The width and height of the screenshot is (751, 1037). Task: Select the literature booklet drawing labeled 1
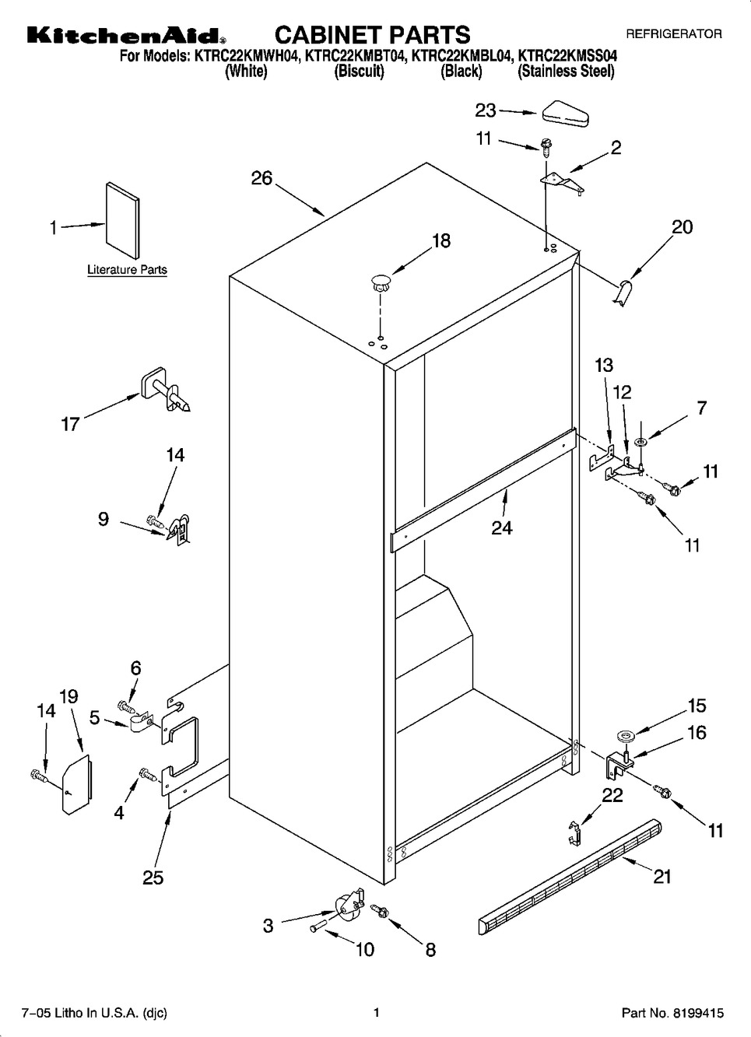tap(123, 221)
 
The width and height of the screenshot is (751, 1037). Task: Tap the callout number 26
tap(262, 178)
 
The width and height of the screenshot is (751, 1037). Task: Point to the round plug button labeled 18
tap(381, 282)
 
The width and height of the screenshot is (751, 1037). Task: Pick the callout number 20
tap(682, 227)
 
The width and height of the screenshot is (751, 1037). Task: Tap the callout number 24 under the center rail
tap(502, 527)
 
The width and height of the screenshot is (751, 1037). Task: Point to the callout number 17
tap(70, 425)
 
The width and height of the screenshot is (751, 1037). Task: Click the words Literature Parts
tap(128, 269)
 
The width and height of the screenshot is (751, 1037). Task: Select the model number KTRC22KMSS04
tap(567, 57)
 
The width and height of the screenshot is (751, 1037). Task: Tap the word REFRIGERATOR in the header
tap(674, 33)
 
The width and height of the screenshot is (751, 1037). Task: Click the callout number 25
tap(153, 878)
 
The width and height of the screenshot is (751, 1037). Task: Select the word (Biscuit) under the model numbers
tap(360, 72)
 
